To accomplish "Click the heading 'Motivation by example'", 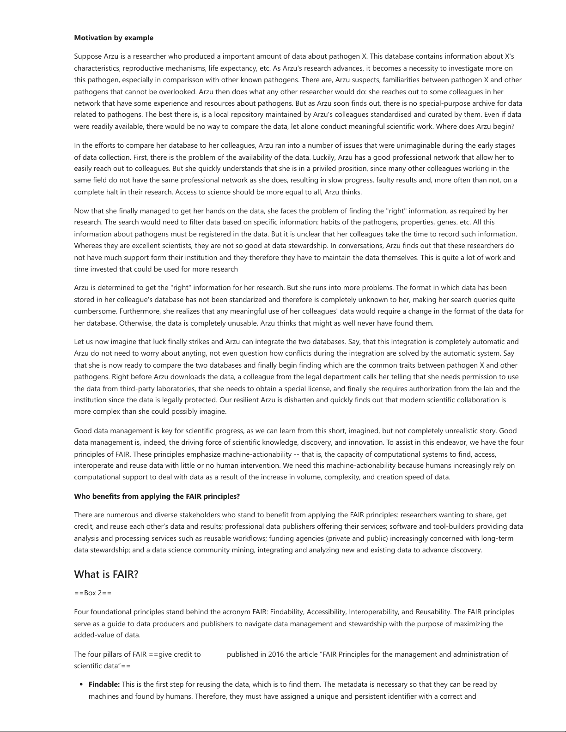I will click(x=114, y=38).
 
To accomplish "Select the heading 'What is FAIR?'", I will click(x=106, y=574).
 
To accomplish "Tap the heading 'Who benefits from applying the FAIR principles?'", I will click(x=157, y=496).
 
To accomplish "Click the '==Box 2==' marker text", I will click(x=92, y=593).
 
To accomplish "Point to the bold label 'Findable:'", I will click(x=104, y=684).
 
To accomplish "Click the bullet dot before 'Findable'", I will click(x=82, y=685).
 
